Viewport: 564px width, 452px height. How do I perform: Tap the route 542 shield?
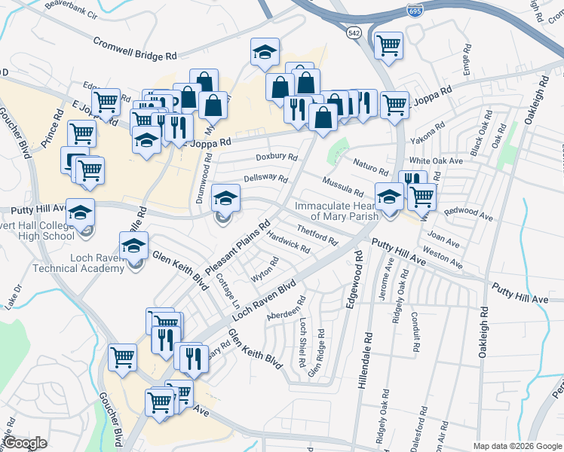point(354,33)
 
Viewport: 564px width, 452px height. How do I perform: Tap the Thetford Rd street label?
point(317,234)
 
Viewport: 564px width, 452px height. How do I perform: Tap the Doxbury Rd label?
point(276,157)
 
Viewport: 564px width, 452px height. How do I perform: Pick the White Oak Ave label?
point(435,161)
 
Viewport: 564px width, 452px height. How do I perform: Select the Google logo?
point(25,443)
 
